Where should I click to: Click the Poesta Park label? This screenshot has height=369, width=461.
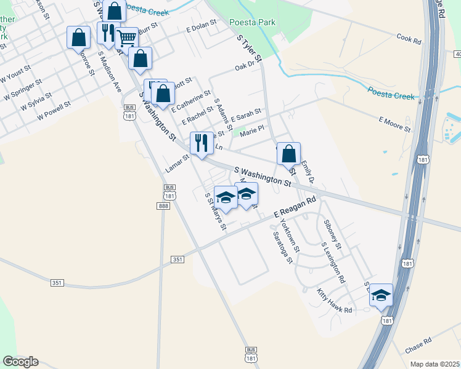(x=252, y=23)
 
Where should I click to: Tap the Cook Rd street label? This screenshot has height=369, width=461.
(x=409, y=39)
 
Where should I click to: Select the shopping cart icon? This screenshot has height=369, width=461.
(x=126, y=38)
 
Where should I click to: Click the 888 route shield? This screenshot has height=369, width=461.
(x=163, y=207)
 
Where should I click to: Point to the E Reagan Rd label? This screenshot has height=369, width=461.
(x=295, y=207)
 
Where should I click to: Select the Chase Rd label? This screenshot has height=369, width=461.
(x=418, y=344)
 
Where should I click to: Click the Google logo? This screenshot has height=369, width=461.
(x=20, y=361)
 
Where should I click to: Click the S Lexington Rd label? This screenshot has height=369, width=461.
(x=333, y=263)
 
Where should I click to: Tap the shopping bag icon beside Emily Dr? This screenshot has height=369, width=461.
(x=288, y=154)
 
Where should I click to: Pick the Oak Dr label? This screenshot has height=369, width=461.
(x=245, y=67)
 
